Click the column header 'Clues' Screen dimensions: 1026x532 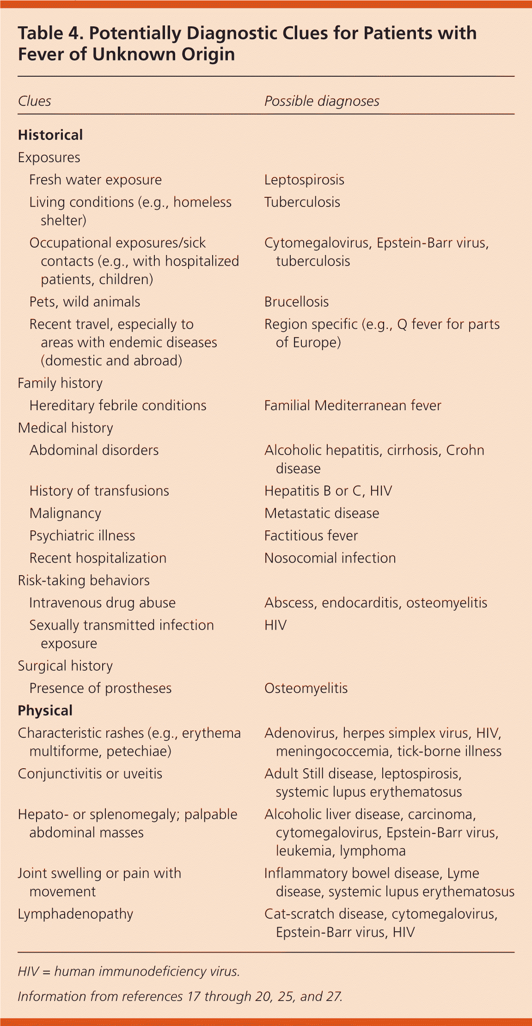[x=35, y=101]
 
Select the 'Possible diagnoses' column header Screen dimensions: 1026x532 [x=322, y=101]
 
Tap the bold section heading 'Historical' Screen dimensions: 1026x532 [x=50, y=135]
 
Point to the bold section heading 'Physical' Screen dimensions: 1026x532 [x=45, y=710]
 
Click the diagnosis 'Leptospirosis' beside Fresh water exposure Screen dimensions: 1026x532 [x=304, y=180]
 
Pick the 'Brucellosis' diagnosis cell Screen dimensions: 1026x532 [x=296, y=302]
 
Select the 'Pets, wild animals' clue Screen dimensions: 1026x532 [x=85, y=302]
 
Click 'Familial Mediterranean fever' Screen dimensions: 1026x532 [x=353, y=406]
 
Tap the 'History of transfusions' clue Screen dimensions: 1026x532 [x=99, y=491]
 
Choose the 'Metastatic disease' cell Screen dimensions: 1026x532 [x=322, y=513]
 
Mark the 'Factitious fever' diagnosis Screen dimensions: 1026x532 [x=311, y=535]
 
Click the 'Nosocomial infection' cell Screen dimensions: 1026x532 [x=330, y=558]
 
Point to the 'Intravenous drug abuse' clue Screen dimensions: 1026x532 [x=102, y=603]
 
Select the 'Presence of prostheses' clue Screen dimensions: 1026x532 [x=100, y=688]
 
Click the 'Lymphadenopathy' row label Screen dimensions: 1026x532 [x=75, y=914]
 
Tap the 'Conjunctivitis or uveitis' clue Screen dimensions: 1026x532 [x=90, y=774]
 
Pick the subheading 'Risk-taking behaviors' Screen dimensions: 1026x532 [x=84, y=580]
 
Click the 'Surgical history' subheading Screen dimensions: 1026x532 [x=65, y=666]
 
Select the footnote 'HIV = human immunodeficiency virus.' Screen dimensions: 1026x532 [x=128, y=971]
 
